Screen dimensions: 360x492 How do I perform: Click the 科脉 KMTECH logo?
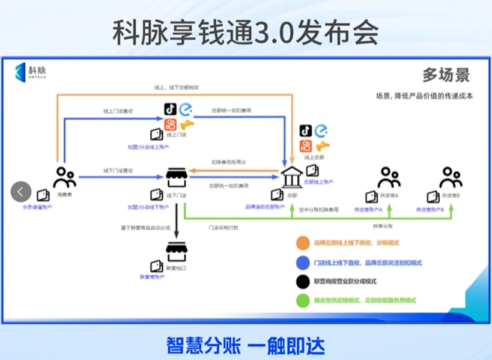pos(31,72)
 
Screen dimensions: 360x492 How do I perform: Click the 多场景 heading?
pos(446,75)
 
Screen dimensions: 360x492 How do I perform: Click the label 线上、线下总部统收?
pos(177,88)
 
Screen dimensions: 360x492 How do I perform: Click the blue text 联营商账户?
pos(153,277)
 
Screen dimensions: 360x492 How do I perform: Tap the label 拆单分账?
pos(383,226)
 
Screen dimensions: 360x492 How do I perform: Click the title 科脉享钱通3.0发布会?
pos(246,32)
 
